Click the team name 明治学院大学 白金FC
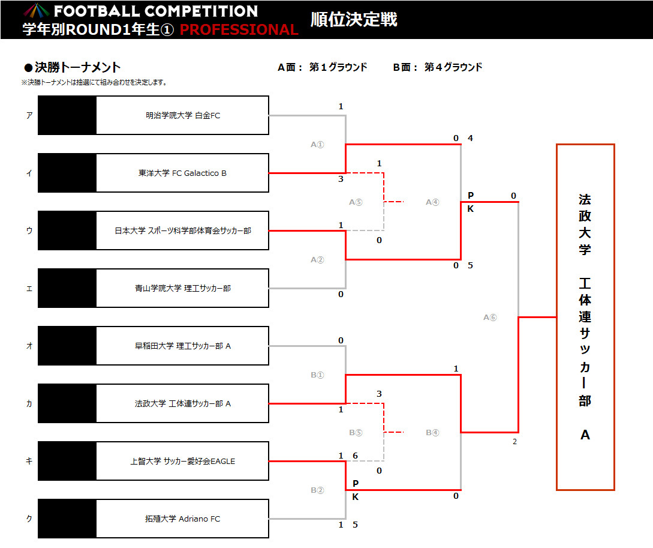[183, 115]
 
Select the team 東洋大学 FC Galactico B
[182, 173]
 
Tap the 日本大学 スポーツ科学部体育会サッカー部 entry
[183, 230]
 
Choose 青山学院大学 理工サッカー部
[183, 288]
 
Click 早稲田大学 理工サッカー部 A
[183, 346]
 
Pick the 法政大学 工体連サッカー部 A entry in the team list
[183, 403]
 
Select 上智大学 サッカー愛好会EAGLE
[183, 461]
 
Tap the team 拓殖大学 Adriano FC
[182, 519]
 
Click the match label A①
[317, 145]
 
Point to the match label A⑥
[490, 318]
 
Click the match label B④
[432, 433]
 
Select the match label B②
[317, 490]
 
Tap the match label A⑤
[356, 202]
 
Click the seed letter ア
[29, 115]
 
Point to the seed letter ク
[29, 519]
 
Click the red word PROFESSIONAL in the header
[239, 29]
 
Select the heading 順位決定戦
[354, 20]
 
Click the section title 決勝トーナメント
[77, 67]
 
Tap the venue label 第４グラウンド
[453, 67]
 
